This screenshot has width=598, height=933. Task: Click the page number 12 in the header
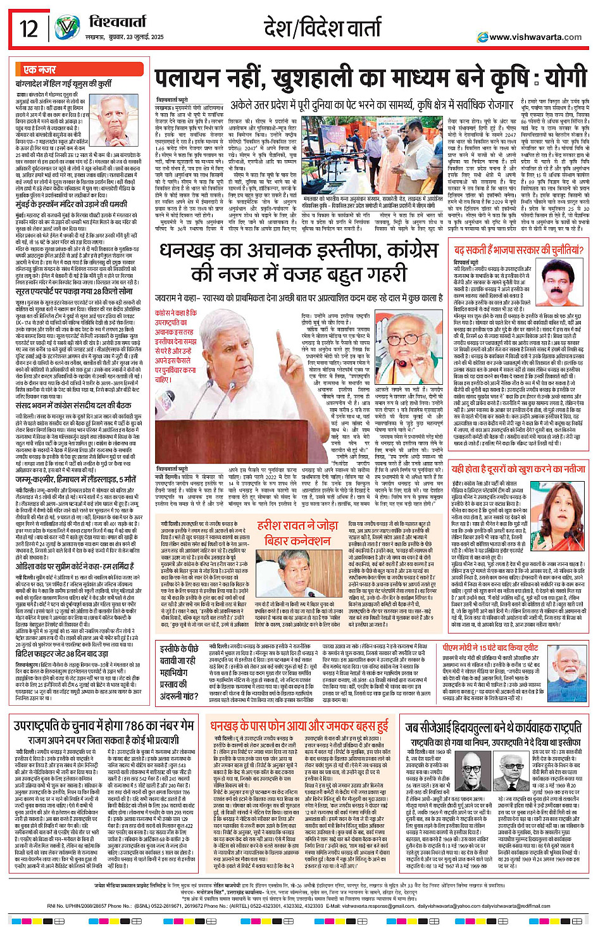click(x=29, y=28)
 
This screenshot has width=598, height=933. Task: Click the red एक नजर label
click(x=40, y=70)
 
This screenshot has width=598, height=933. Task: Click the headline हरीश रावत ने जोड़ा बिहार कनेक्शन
click(x=297, y=533)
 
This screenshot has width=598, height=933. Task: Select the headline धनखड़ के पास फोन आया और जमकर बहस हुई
click(x=299, y=726)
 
